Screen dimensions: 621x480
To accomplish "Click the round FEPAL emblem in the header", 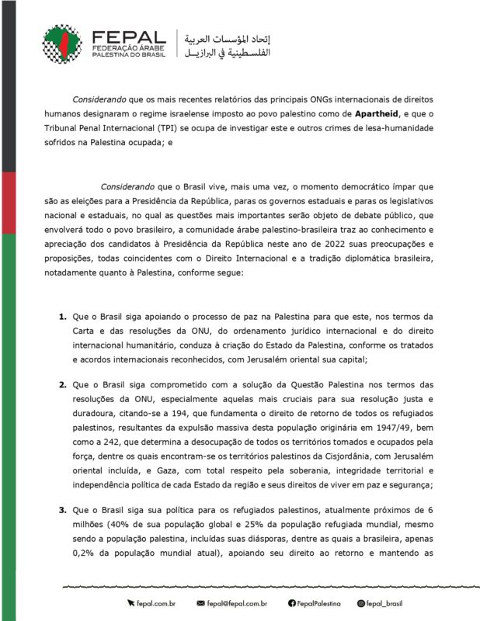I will click(62, 43).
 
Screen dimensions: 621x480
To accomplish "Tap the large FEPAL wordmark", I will click(127, 36).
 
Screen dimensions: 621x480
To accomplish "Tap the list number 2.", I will click(62, 384).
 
